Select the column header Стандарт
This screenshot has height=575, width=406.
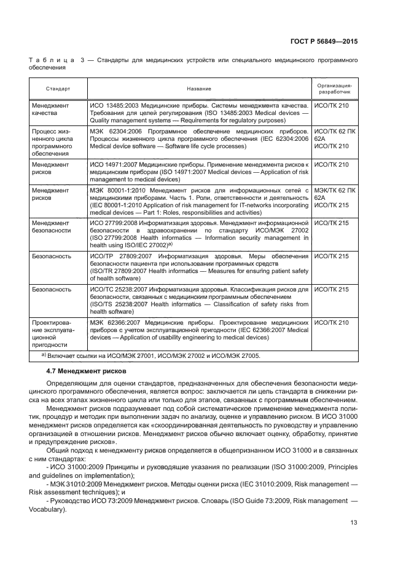pyautogui.click(x=57, y=89)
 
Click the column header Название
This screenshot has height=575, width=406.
pyautogui.click(x=200, y=89)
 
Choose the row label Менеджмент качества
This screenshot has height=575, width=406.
pyautogui.click(x=51, y=109)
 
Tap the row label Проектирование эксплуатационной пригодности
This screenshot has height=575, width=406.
pyautogui.click(x=53, y=333)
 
